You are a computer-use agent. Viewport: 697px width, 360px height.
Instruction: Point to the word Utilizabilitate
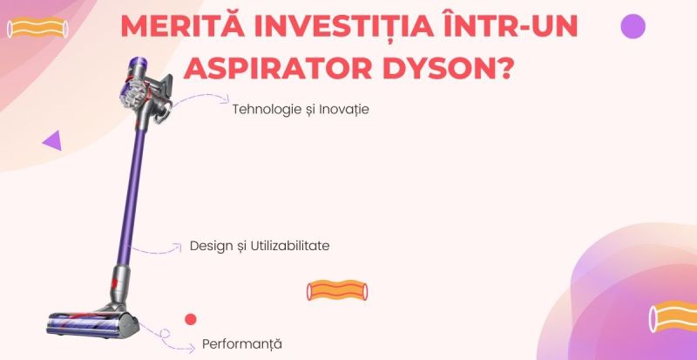[x=290, y=246]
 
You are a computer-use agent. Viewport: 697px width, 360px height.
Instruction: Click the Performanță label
[x=242, y=344]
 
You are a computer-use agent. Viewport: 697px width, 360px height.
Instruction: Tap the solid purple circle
[x=633, y=26]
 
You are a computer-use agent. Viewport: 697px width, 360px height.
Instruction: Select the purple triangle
[x=52, y=140]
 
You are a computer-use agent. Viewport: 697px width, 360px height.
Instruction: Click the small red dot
[x=191, y=319]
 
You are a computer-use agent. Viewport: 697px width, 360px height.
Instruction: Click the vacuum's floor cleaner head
[x=92, y=325]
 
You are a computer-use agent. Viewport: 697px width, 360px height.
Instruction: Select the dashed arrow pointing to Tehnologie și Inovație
[x=201, y=97]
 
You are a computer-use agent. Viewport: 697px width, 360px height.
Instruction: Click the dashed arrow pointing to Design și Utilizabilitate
[x=157, y=250]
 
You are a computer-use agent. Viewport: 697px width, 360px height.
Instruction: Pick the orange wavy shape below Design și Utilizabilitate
[x=337, y=290]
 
